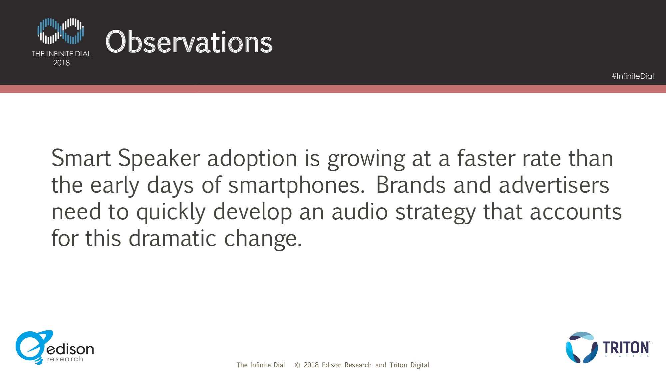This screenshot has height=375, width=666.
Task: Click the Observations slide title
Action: [x=189, y=42]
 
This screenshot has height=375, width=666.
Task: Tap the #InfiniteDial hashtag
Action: [x=633, y=76]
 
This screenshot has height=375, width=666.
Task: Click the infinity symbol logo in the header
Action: [x=61, y=31]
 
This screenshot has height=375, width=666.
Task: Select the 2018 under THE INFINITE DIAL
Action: [x=62, y=63]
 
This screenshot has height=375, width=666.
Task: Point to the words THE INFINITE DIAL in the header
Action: [x=62, y=54]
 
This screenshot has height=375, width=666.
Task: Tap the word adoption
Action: [x=252, y=159]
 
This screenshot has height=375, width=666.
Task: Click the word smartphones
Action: [x=296, y=185]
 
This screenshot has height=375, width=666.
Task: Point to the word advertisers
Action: [x=554, y=185]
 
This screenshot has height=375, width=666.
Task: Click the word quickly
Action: [x=171, y=212]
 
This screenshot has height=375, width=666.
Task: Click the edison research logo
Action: [x=55, y=347]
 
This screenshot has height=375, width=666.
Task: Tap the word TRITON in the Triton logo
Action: [x=626, y=348]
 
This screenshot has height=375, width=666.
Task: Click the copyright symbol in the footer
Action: [x=297, y=365]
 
